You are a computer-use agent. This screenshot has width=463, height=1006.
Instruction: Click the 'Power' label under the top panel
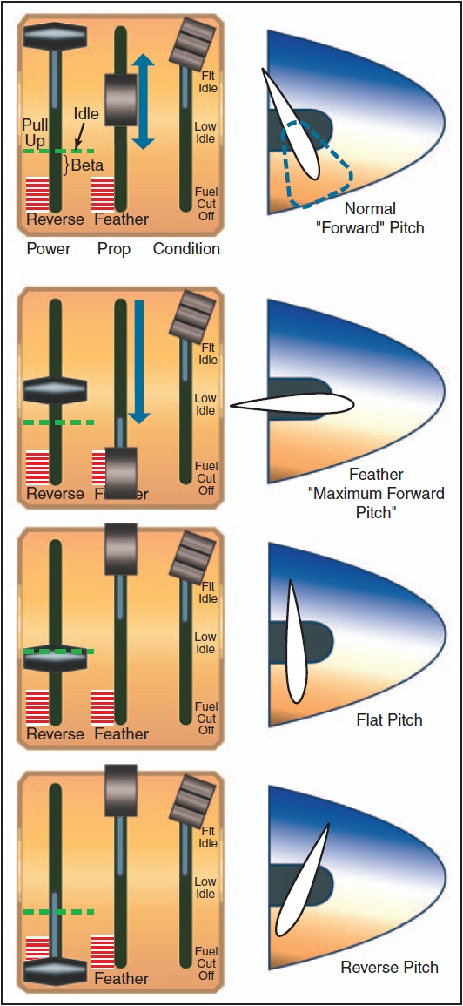(x=49, y=249)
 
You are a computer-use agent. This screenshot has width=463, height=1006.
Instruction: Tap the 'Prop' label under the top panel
(x=114, y=249)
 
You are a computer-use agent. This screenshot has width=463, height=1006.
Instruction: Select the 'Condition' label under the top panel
(x=186, y=249)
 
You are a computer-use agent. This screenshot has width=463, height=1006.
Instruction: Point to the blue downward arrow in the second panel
(x=138, y=361)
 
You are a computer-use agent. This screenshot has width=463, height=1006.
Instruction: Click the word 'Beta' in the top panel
(x=87, y=165)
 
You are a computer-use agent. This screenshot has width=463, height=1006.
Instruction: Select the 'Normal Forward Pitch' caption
(x=382, y=218)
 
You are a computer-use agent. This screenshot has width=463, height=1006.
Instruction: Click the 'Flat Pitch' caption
(x=389, y=720)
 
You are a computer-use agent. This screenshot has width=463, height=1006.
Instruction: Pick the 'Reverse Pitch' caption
(x=389, y=968)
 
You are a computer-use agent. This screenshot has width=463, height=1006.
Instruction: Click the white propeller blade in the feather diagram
(x=292, y=403)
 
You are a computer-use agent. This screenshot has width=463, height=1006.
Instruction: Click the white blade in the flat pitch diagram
(x=296, y=640)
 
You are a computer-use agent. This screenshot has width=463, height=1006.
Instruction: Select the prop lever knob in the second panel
(x=121, y=471)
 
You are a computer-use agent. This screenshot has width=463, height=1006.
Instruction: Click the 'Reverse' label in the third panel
(x=55, y=734)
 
